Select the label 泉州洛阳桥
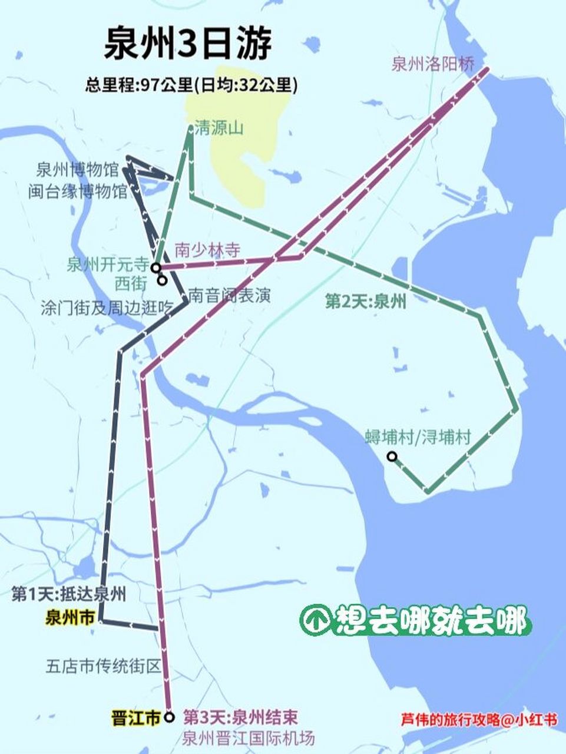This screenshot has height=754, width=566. point(433,64)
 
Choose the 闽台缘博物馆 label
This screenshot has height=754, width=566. point(77,191)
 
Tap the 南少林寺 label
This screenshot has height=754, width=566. point(208,250)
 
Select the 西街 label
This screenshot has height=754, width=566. point(131,283)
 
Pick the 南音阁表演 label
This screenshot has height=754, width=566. point(230,295)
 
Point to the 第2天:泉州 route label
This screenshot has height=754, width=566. point(366,302)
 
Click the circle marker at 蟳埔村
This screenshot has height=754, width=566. point(391,456)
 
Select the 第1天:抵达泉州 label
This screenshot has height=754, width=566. point(68,594)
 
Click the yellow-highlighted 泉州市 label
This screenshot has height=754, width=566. point(69,617)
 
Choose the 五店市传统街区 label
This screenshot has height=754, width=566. point(103,666)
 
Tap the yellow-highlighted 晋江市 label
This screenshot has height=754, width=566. point(135,718)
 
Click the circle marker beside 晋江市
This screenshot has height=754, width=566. point(170,717)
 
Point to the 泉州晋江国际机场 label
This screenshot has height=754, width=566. point(249,738)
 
